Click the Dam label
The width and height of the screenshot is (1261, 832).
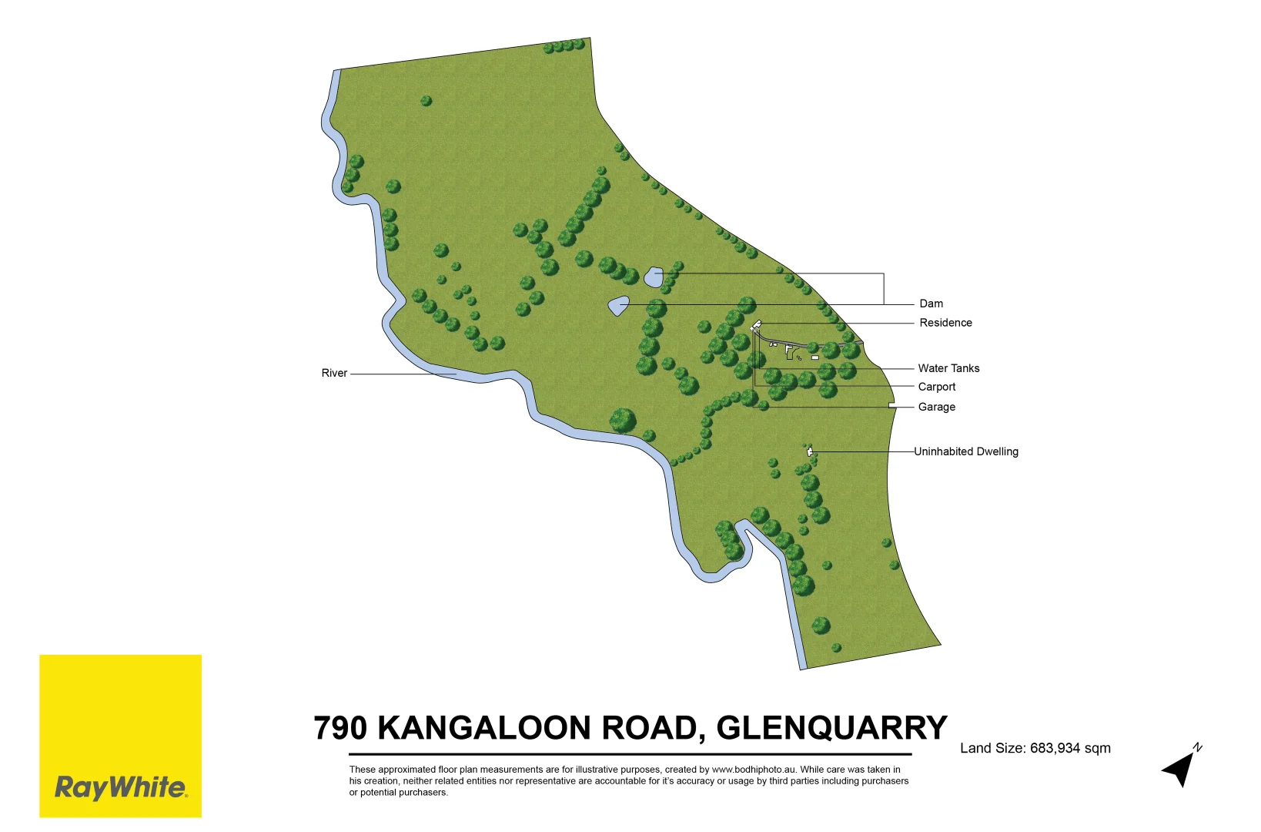pos(931,304)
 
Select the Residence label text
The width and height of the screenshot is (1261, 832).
pos(945,323)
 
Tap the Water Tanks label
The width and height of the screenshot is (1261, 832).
pos(948,368)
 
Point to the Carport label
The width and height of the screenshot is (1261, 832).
pos(936,387)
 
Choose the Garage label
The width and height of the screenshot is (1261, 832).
pos(936,407)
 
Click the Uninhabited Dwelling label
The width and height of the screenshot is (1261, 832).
pos(965,451)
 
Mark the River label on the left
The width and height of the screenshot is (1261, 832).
pos(334,373)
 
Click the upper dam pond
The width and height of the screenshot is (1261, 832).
pos(654,277)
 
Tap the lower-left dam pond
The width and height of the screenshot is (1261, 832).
pos(618,306)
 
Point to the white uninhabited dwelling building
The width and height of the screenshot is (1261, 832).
pos(810,452)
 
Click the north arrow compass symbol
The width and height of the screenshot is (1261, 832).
pos(1181,767)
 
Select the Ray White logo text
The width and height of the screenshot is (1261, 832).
pos(120,787)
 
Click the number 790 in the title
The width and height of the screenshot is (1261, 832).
pos(339,728)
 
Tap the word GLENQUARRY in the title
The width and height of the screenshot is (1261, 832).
pos(831,728)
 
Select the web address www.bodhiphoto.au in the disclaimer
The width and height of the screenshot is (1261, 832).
pos(753,770)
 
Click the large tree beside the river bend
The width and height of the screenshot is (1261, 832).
pos(623,421)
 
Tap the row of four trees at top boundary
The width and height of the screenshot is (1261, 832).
pos(564,46)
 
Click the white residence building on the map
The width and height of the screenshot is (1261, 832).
pos(756,327)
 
